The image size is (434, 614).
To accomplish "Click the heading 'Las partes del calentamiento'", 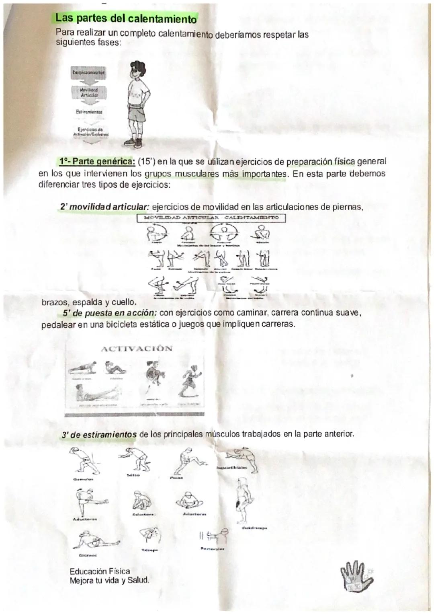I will point(126,18).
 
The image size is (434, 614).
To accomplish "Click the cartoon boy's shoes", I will point(134,142).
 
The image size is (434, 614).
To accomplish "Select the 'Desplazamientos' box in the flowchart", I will point(88,73).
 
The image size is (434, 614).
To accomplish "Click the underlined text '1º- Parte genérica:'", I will point(97,162).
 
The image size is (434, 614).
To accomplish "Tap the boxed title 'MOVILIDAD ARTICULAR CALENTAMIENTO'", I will point(211,218).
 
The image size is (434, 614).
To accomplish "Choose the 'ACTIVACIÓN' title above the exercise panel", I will point(136,349).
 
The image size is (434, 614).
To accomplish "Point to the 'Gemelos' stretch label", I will point(81,479).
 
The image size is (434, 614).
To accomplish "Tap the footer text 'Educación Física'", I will point(100,571).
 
